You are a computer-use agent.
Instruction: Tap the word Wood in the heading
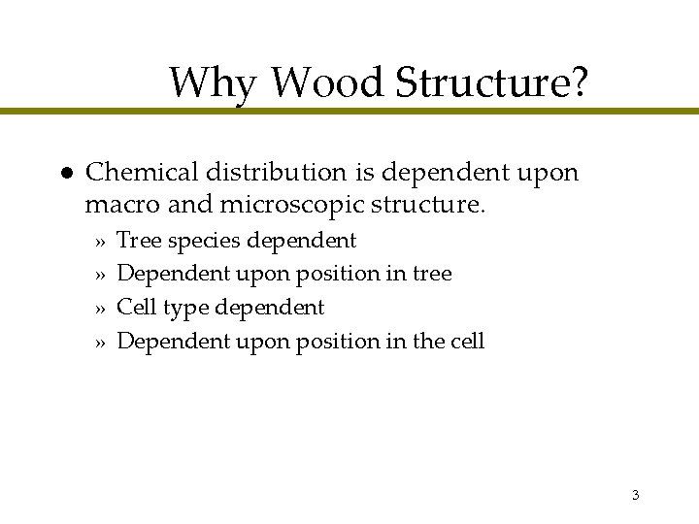click(327, 83)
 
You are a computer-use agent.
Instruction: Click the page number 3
click(635, 496)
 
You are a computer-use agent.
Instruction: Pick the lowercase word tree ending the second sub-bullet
click(432, 274)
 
